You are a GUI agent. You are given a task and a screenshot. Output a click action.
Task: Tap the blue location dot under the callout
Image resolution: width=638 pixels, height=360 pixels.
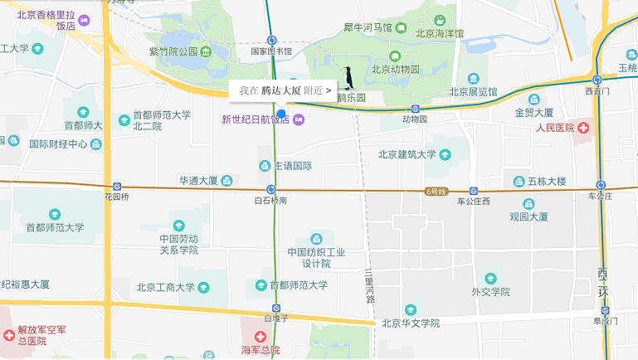(x=281, y=113)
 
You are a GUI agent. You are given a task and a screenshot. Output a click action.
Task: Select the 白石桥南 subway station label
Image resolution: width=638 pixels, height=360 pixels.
(x=271, y=201)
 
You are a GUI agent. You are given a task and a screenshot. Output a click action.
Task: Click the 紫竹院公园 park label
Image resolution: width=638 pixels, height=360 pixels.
(x=174, y=51)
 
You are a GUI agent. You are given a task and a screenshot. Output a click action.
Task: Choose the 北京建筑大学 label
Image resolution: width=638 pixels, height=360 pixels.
(x=407, y=154)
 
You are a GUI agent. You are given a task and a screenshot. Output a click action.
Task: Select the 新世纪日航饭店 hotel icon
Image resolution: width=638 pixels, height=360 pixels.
(x=299, y=119)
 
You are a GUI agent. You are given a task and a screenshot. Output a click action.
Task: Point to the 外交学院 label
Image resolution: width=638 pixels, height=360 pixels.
(x=489, y=291)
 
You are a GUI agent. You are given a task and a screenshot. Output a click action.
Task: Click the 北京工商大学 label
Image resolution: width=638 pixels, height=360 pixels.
(x=166, y=288)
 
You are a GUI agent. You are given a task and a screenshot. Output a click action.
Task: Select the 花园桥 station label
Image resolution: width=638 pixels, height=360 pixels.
(x=117, y=197)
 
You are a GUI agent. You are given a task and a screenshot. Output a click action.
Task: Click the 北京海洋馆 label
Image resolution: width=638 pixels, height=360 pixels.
(x=440, y=34)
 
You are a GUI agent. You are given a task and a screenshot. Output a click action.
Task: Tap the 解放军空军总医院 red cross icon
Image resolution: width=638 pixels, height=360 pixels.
(x=9, y=335)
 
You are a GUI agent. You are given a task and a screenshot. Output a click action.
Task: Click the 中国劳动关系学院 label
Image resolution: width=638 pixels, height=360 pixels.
(x=178, y=244)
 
